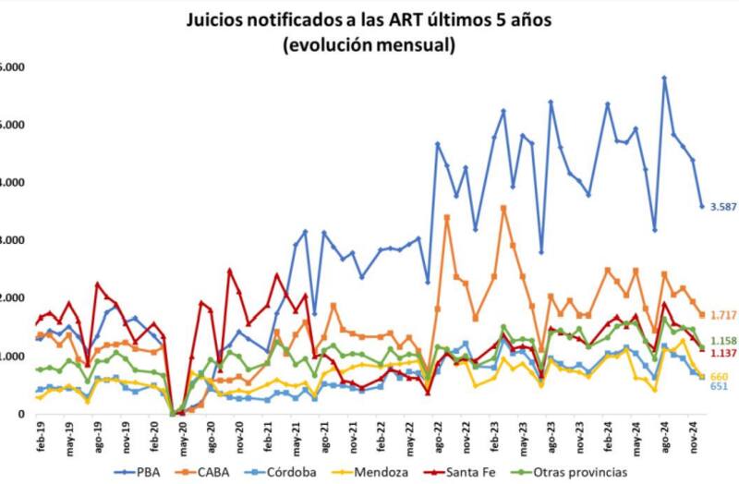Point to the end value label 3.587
723,207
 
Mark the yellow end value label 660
719,376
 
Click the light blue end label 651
719,386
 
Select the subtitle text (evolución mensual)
369,43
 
